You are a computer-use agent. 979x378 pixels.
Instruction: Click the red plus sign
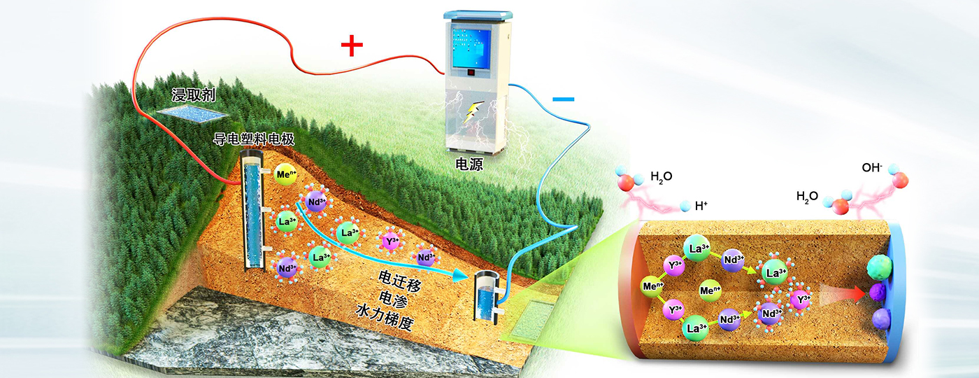(352, 46)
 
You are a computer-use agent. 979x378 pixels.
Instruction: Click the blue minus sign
(563, 99)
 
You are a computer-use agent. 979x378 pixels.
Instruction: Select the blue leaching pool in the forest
(192, 111)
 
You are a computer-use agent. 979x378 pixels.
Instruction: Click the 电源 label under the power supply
(468, 167)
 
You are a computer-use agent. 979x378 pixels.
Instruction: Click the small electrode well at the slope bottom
(487, 297)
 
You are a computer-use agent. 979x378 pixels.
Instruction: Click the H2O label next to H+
(661, 176)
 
